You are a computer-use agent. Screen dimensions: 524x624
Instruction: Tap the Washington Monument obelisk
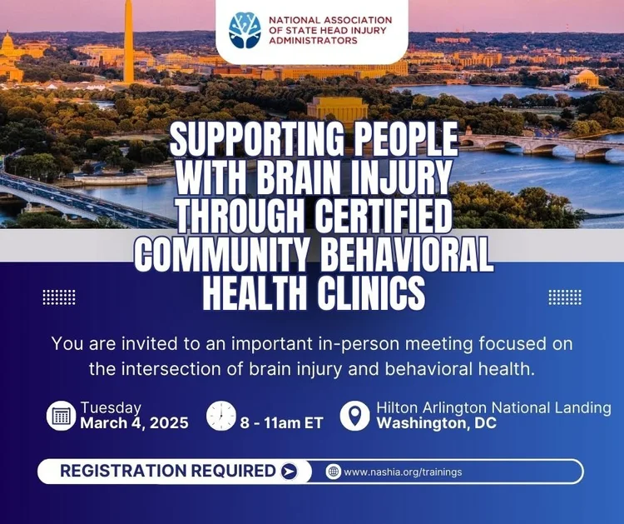pyautogui.click(x=128, y=42)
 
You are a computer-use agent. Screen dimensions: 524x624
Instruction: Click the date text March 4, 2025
pyautogui.click(x=134, y=423)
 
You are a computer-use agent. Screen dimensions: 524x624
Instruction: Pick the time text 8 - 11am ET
pyautogui.click(x=281, y=423)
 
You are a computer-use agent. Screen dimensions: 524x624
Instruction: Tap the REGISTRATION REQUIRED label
pyautogui.click(x=168, y=472)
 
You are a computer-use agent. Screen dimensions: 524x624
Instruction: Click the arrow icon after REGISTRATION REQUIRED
pyautogui.click(x=289, y=472)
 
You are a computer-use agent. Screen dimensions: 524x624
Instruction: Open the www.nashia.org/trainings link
pyautogui.click(x=403, y=472)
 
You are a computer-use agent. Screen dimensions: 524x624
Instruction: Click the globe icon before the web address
pyautogui.click(x=334, y=472)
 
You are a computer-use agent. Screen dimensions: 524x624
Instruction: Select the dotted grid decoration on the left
pyautogui.click(x=59, y=297)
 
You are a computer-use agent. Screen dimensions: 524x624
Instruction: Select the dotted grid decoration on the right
pyautogui.click(x=565, y=297)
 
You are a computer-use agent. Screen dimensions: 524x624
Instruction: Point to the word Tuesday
pyautogui.click(x=111, y=407)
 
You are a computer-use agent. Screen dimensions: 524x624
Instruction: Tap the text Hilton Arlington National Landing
pyautogui.click(x=493, y=407)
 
